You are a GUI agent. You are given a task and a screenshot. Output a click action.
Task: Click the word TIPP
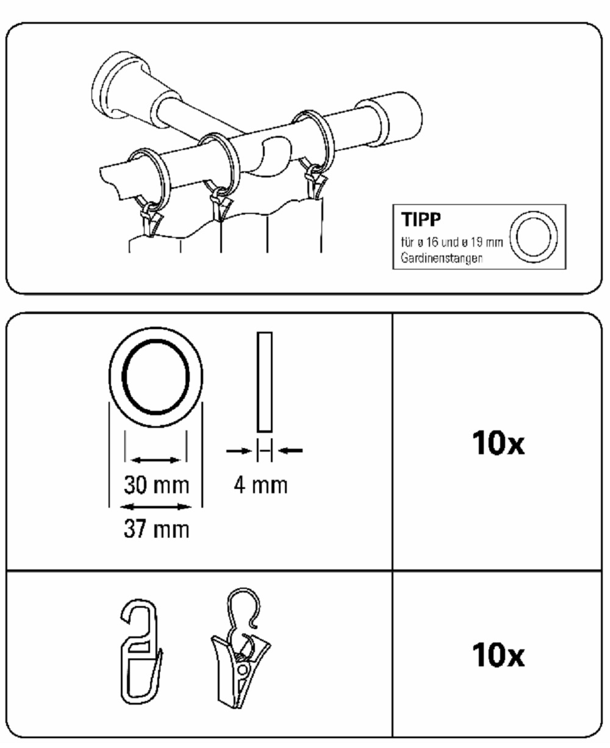(x=421, y=219)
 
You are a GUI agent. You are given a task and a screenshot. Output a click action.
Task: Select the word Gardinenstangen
(x=442, y=258)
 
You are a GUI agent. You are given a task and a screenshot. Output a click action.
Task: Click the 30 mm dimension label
(x=156, y=485)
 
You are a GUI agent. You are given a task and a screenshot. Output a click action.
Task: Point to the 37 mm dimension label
(x=156, y=529)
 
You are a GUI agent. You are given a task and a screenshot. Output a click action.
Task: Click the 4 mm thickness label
(x=260, y=485)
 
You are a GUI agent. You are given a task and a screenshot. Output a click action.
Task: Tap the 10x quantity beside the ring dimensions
(x=498, y=444)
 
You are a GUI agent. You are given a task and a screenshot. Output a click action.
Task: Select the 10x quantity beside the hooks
(x=498, y=655)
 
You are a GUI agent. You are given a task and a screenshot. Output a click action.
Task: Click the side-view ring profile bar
(x=265, y=382)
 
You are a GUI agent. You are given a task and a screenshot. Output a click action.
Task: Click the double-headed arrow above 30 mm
(x=156, y=460)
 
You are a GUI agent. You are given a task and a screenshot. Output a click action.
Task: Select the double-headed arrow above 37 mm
(x=156, y=507)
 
